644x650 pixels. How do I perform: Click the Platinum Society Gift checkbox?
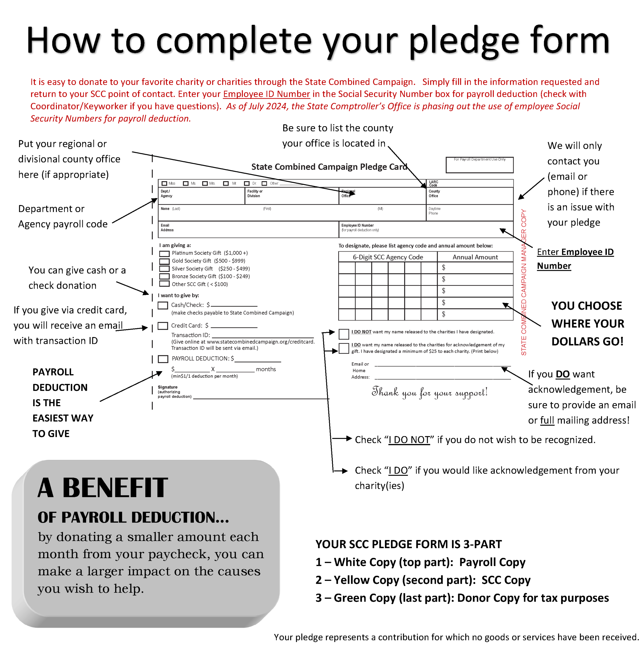tap(164, 254)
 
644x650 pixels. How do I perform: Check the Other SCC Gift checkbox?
tap(164, 284)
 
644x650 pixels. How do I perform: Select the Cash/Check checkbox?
tap(163, 305)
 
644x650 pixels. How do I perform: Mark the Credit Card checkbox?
tap(163, 326)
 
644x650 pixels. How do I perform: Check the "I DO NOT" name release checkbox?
tap(344, 334)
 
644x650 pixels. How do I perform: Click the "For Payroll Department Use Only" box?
tap(480, 165)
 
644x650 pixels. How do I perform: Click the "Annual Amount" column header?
tap(475, 257)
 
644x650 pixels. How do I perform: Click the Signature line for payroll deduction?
tap(261, 399)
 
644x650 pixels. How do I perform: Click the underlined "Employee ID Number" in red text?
tap(266, 94)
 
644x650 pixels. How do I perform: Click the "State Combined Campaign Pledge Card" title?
tap(329, 167)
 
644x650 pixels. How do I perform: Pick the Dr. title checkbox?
tap(247, 183)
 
